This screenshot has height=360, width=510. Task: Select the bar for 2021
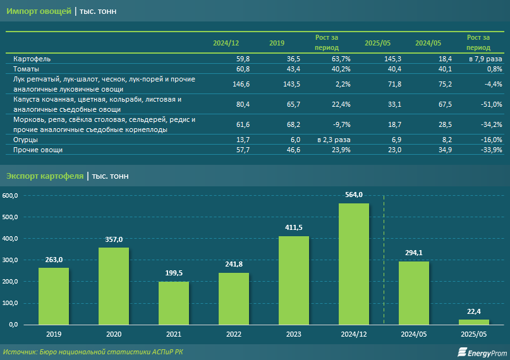(174, 303)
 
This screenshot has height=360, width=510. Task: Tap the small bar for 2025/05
(474, 322)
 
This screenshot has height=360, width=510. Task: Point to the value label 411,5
(294, 227)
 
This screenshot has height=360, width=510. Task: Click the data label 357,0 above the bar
(114, 239)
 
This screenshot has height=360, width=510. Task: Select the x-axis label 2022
(233, 333)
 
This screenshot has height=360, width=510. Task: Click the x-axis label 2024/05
(413, 333)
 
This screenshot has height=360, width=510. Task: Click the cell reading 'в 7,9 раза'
(485, 59)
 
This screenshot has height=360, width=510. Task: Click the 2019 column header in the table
(277, 43)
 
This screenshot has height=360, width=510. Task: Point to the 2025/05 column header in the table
(377, 43)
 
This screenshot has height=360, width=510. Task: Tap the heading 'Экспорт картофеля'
(45, 176)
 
